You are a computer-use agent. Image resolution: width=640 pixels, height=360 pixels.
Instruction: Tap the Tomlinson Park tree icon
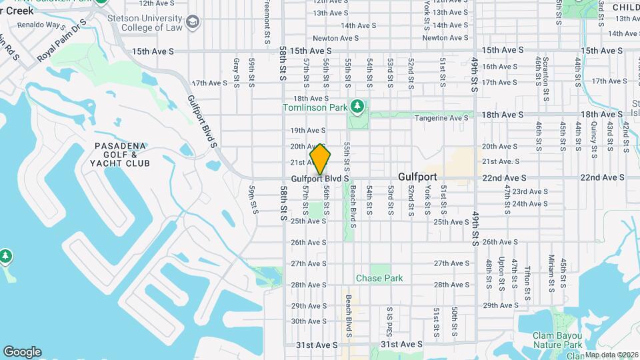[x=358, y=106]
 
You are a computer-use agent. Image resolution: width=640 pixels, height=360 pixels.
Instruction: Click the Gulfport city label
[x=417, y=177]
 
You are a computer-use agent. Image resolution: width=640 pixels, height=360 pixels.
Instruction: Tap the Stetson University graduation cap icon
[x=193, y=23]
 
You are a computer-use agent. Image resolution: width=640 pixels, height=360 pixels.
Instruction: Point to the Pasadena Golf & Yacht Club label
[x=122, y=154]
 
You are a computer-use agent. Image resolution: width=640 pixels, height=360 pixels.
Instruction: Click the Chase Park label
[x=379, y=278]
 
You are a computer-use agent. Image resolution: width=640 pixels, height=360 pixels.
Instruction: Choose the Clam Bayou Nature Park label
[x=557, y=340]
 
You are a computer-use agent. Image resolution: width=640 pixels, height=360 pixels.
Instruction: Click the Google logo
[x=22, y=352]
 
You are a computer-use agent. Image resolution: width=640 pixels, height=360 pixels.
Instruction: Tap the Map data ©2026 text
[x=611, y=355]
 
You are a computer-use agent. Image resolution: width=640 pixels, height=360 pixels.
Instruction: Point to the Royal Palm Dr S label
[x=63, y=44]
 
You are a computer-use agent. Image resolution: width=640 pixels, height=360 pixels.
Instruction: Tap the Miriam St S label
[x=552, y=270]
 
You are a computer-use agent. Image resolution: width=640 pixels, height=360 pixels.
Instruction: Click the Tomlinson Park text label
[x=315, y=107]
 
